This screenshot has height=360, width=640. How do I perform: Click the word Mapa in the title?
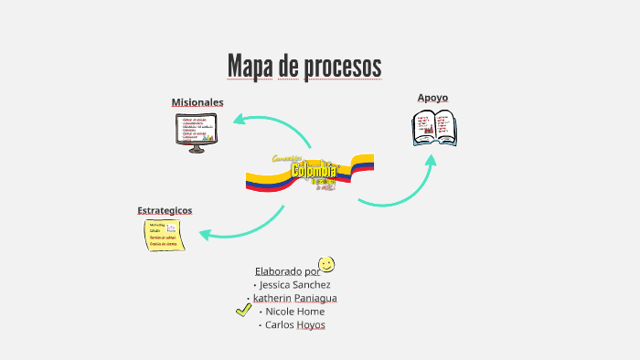pos(250,67)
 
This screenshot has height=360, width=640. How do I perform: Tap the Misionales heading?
pos(197,101)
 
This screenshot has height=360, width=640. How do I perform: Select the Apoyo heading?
pos(432,97)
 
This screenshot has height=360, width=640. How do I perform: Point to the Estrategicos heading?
pos(165,210)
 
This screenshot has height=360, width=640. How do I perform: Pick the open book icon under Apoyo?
pos(435,128)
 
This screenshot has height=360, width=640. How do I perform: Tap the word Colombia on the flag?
pos(314,171)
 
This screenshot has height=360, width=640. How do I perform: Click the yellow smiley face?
pos(326,264)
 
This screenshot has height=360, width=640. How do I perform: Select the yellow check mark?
pos(243,310)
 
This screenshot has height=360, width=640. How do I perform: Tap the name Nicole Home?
pos(293,311)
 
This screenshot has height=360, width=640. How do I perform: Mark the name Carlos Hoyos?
pos(294,324)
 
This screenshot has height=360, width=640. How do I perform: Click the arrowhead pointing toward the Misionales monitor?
pos(238,119)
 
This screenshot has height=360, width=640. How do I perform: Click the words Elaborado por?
pos(287,270)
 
